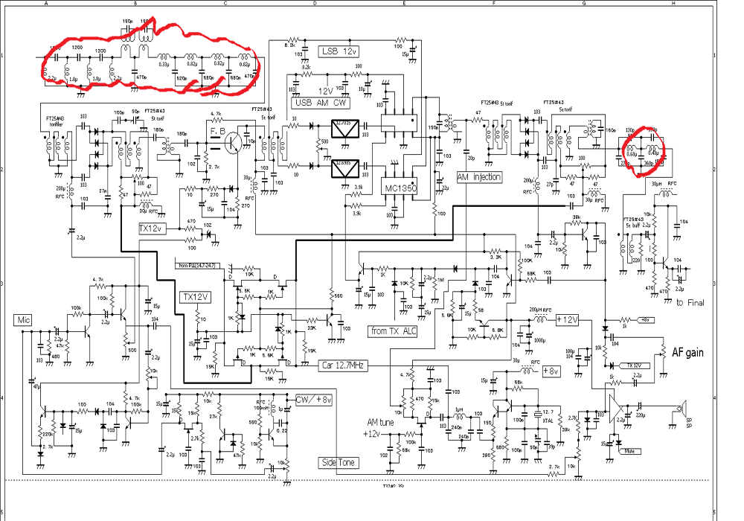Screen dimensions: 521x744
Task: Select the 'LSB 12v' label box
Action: click(x=339, y=51)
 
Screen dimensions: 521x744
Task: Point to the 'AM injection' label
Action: click(x=479, y=177)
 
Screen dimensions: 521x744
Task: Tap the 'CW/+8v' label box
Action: click(x=313, y=400)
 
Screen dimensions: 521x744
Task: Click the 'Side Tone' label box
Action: click(x=339, y=462)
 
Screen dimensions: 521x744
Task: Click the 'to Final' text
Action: click(x=690, y=302)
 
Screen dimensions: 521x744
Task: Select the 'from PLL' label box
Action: click(x=197, y=264)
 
